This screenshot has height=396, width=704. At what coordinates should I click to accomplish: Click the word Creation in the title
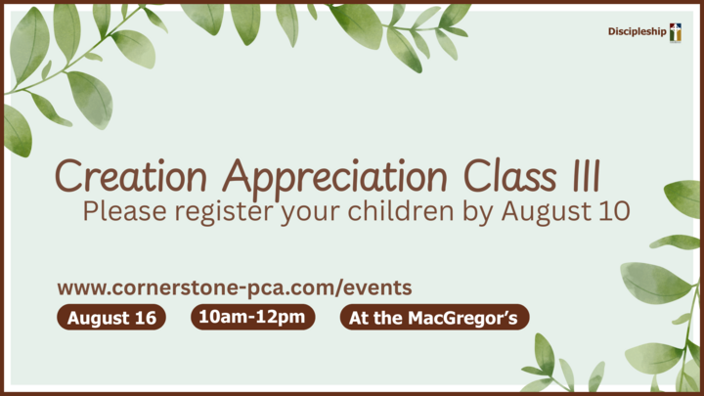point(131,176)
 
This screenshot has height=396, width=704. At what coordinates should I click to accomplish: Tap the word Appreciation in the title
point(335,179)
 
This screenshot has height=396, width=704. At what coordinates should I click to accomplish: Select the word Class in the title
point(509,175)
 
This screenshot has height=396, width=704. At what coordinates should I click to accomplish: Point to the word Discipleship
point(638,31)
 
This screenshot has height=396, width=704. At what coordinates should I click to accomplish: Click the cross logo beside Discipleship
point(676,32)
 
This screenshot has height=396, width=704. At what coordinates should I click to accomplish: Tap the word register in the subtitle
point(224,212)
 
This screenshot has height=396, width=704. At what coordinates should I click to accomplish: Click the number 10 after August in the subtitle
point(614,211)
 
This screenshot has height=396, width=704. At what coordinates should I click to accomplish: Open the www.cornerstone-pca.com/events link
point(235,287)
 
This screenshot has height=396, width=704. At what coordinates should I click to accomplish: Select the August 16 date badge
point(111,318)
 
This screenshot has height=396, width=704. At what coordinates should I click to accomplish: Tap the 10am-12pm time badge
point(253,317)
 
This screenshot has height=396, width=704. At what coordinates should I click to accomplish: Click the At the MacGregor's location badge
point(434,318)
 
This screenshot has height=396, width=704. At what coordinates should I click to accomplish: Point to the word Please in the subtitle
point(124,211)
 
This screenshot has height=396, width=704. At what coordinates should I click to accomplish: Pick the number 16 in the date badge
point(145,318)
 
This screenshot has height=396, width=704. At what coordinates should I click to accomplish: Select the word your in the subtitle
point(310,214)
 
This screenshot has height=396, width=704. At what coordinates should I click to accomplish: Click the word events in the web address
point(377,287)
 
